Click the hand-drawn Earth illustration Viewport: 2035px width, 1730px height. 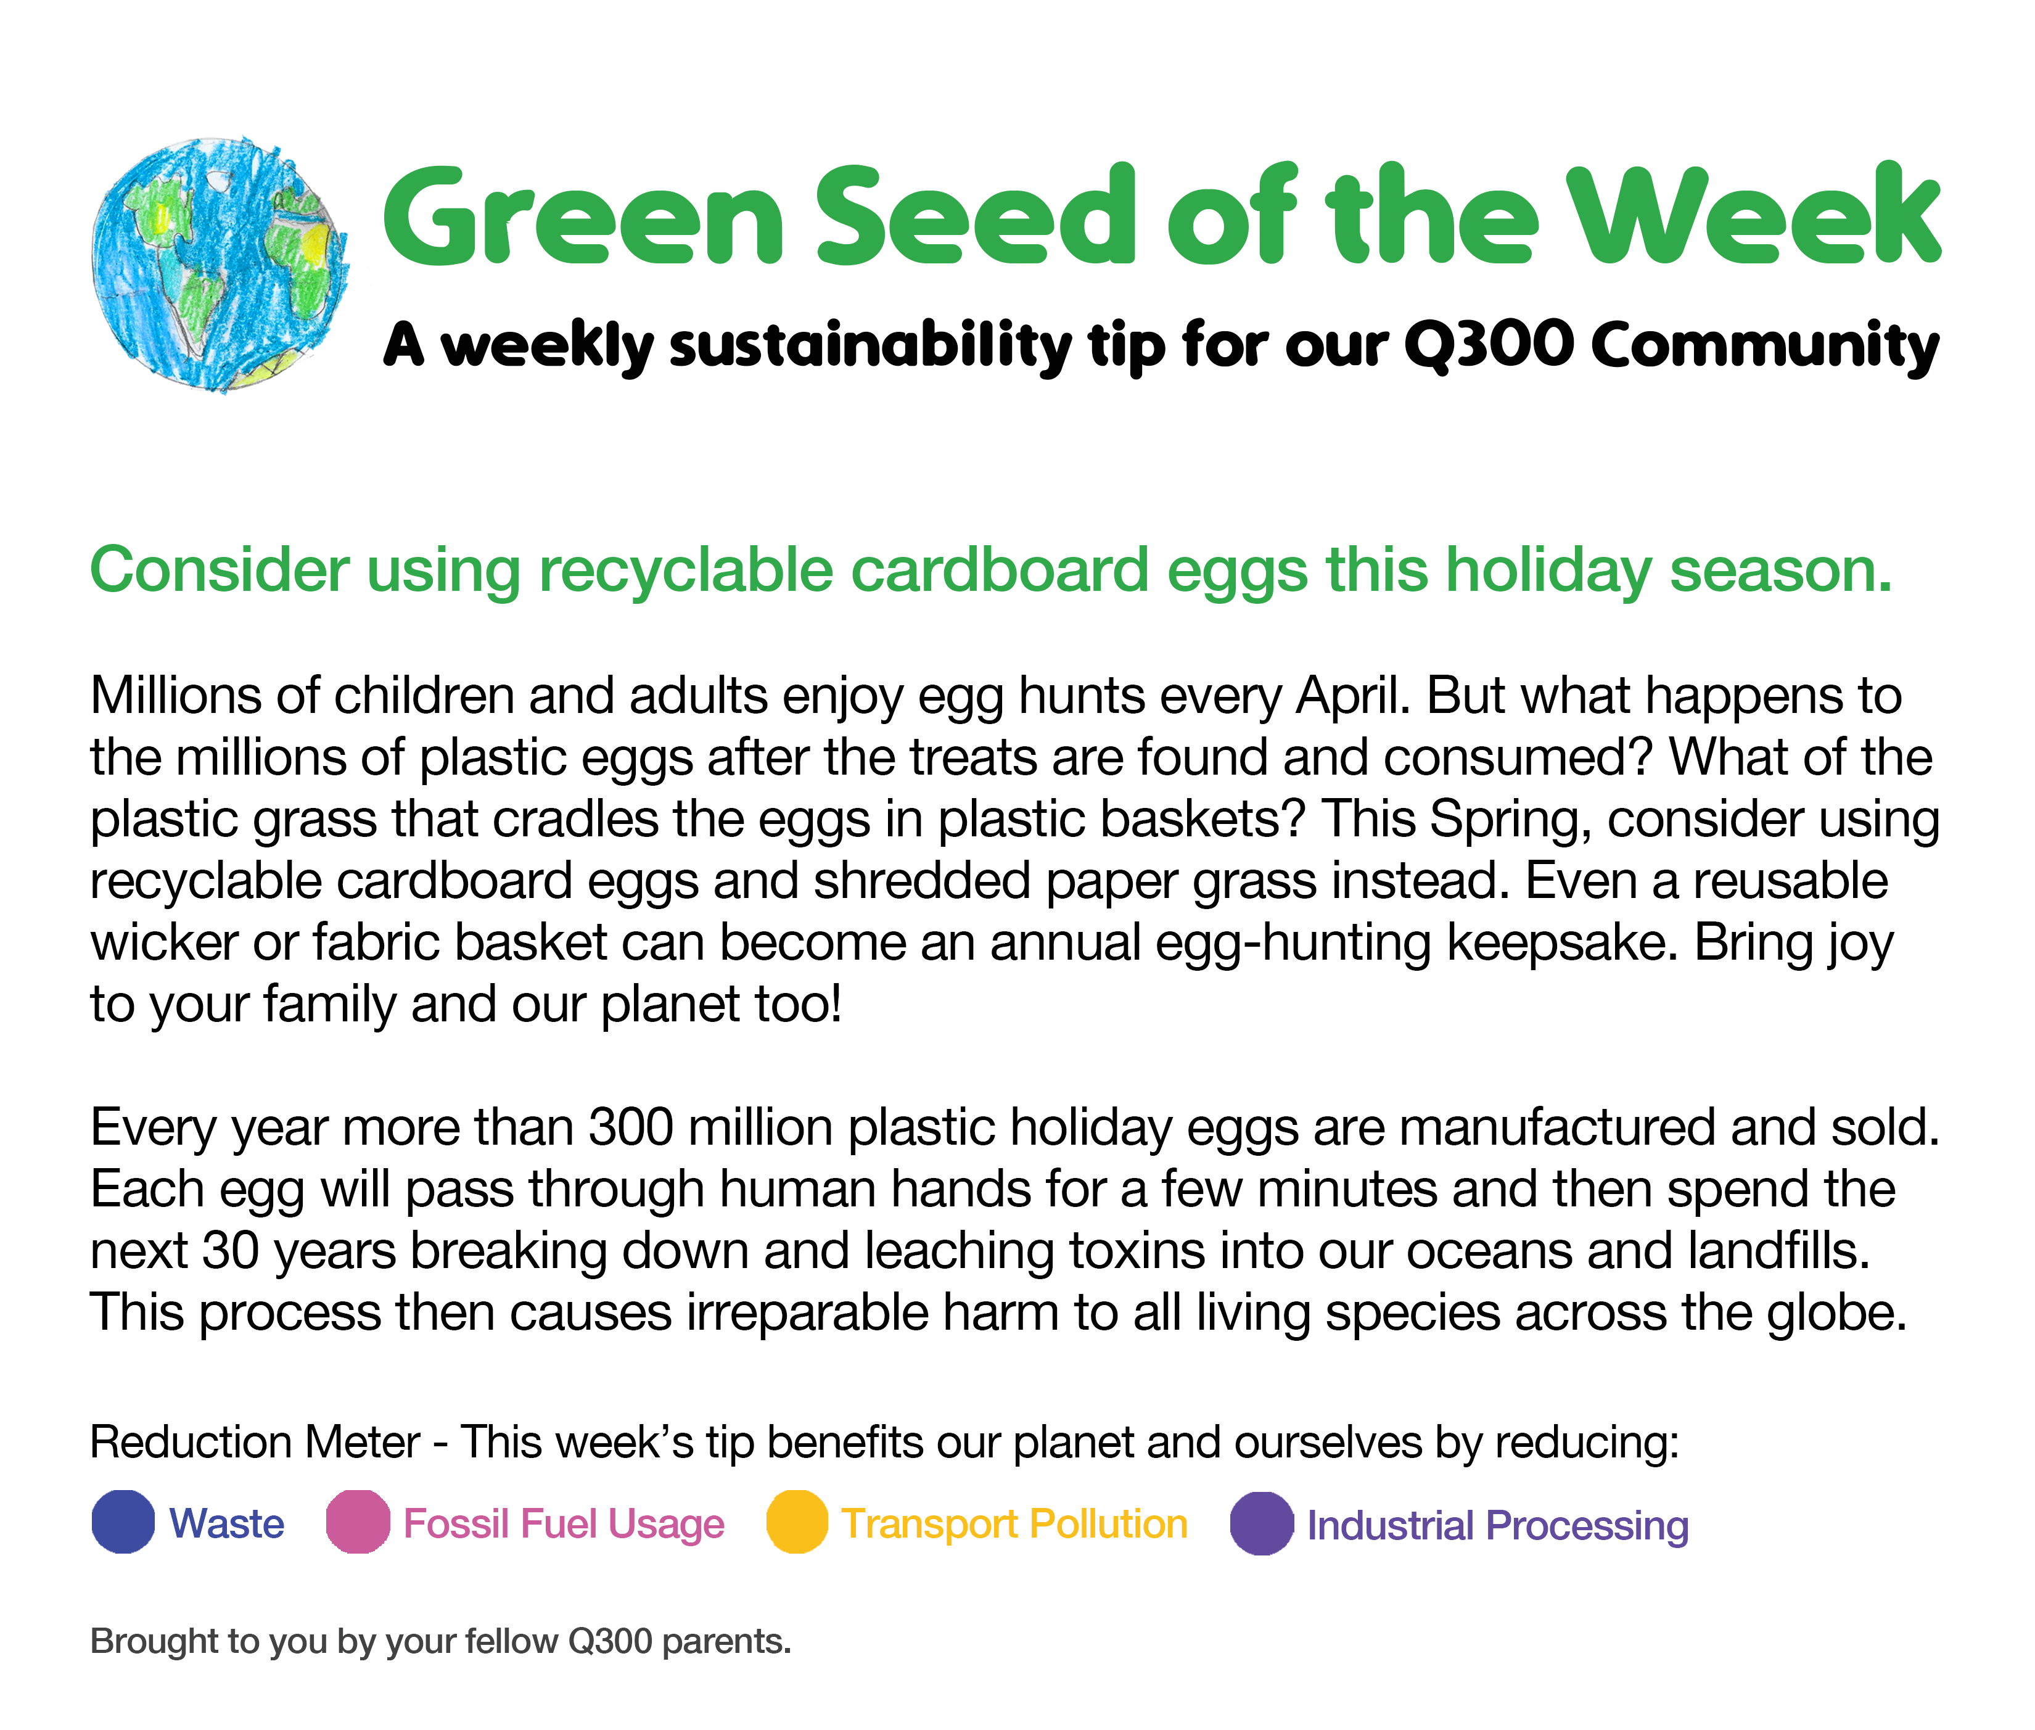coord(220,265)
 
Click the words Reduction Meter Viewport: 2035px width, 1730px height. coord(255,1443)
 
